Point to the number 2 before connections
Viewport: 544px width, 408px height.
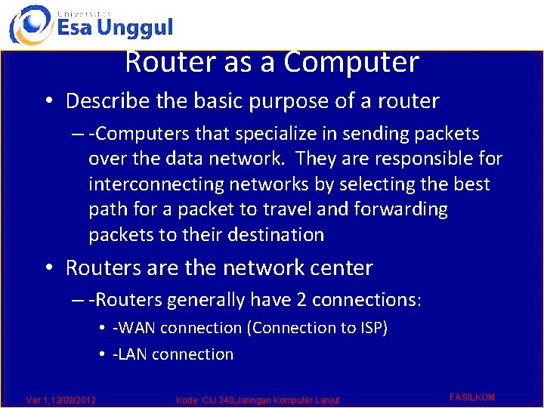301,300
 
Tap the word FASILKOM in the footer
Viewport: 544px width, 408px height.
471,397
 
